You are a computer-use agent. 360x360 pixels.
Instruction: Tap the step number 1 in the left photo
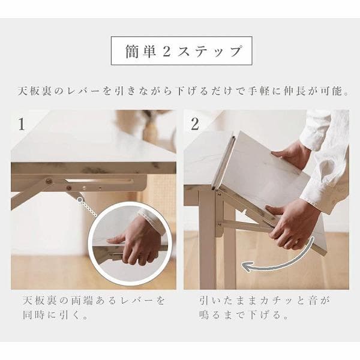coord(22,125)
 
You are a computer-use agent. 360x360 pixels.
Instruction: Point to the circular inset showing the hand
coord(131,244)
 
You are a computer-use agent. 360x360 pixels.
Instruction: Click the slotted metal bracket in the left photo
coord(96,182)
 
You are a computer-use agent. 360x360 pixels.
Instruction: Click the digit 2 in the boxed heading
coord(167,52)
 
